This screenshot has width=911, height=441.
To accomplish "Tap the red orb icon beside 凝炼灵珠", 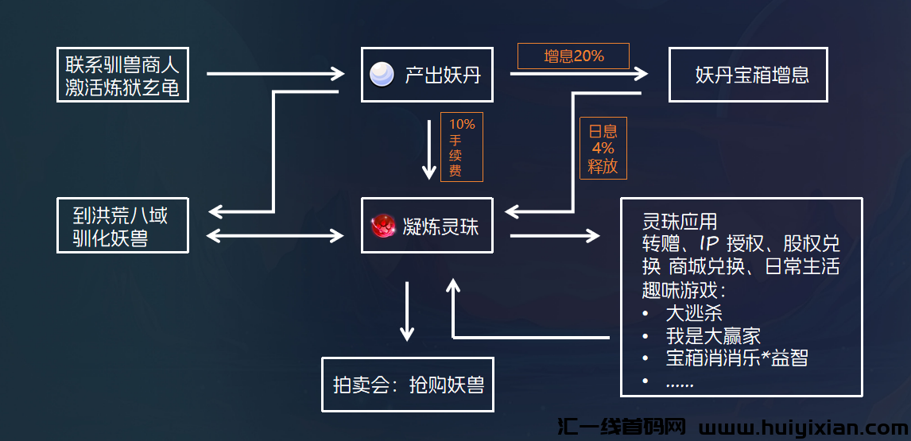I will (383, 226).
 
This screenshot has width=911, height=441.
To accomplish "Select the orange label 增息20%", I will (573, 56).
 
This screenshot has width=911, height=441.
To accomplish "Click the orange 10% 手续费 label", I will (462, 147).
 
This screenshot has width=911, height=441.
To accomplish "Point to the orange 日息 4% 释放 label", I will (603, 148).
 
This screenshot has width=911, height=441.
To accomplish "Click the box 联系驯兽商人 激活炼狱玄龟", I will (123, 74).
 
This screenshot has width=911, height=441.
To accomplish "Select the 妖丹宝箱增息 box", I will (748, 75).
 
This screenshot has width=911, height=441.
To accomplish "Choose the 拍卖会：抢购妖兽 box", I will (408, 385).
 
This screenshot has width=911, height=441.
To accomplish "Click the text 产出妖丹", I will (443, 75).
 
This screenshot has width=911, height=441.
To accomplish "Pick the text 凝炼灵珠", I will (441, 227).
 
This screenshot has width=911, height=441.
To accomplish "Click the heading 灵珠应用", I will (680, 220).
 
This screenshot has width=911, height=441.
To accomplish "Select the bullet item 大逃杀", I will (694, 312).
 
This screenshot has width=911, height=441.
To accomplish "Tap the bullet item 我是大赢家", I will (714, 335).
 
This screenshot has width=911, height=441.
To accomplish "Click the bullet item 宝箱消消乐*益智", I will (737, 358).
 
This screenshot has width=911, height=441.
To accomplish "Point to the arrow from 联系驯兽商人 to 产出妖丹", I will (275, 75).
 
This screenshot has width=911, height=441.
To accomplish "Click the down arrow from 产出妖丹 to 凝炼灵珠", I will (429, 148).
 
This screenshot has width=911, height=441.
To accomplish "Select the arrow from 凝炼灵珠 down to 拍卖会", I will (408, 311).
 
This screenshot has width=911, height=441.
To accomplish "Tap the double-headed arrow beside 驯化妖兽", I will (275, 235).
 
